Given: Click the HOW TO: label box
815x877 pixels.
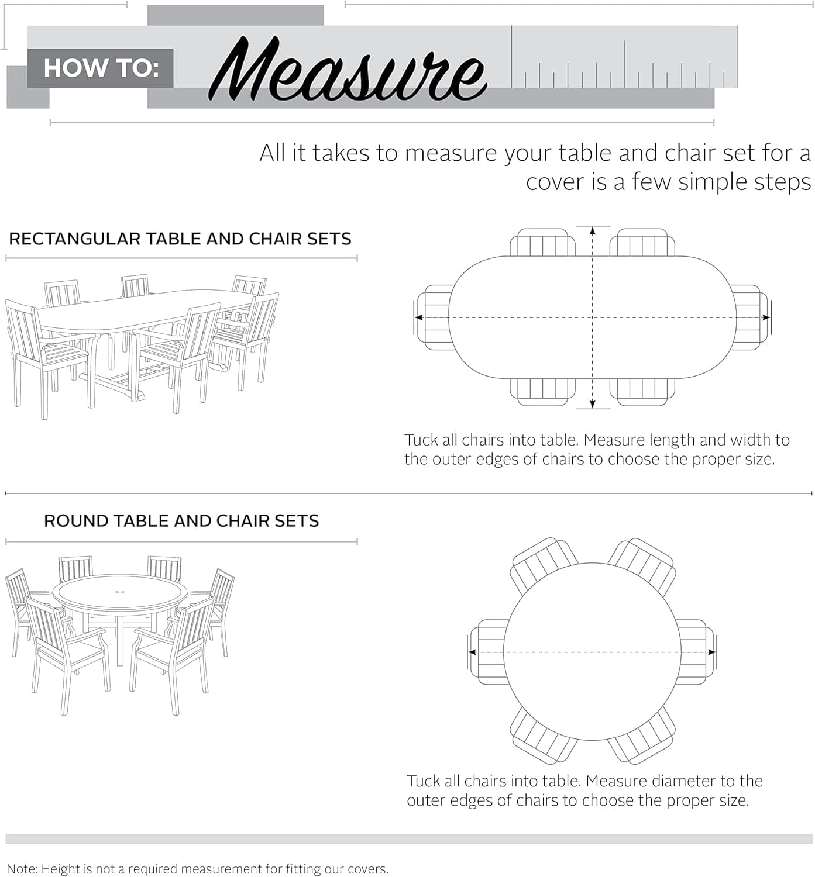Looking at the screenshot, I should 101,68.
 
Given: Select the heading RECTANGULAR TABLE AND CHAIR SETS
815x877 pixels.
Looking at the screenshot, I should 180,239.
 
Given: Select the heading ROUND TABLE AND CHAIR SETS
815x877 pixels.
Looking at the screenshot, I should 181,520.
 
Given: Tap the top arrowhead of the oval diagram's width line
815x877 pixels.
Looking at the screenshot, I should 593,231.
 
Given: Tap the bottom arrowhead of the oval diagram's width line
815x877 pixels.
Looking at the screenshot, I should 593,403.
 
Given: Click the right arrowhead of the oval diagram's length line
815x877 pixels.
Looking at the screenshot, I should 766,317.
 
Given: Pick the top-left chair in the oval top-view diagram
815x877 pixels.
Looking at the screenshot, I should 542,243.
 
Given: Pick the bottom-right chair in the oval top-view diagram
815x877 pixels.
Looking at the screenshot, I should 642,391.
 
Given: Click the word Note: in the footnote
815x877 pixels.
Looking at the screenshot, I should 22,869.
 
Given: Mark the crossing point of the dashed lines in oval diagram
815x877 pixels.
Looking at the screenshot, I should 593,317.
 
